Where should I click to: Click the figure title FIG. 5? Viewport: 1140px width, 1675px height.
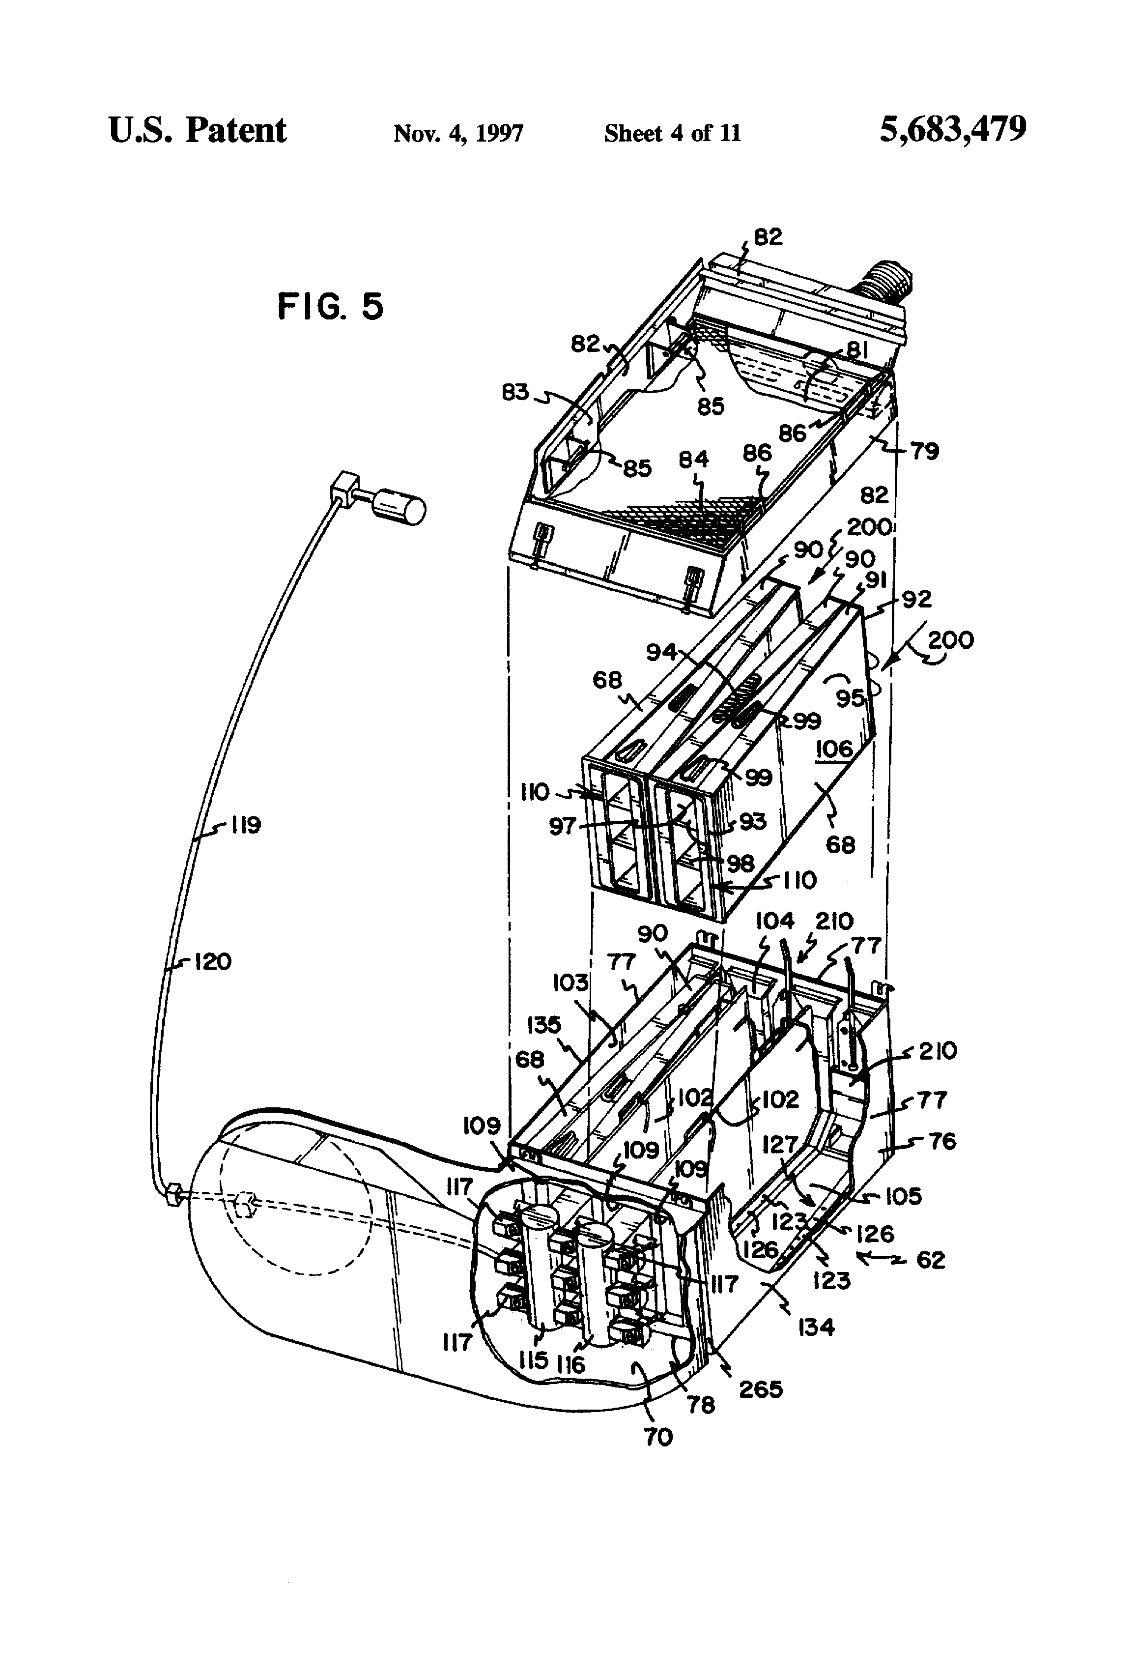click(330, 306)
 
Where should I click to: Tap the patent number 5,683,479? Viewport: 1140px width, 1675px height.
click(953, 130)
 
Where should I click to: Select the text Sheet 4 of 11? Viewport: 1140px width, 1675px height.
click(672, 133)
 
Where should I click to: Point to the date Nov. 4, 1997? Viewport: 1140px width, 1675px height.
click(458, 133)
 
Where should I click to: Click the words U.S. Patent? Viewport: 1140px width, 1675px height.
click(198, 130)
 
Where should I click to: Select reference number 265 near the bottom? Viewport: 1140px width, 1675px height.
click(761, 1389)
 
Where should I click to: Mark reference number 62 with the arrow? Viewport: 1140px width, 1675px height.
click(930, 1259)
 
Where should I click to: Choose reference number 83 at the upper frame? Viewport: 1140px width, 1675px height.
click(515, 393)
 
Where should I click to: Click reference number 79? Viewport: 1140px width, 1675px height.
click(925, 452)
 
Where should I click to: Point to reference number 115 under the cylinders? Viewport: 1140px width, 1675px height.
click(533, 1360)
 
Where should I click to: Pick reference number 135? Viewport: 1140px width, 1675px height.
click(544, 1024)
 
